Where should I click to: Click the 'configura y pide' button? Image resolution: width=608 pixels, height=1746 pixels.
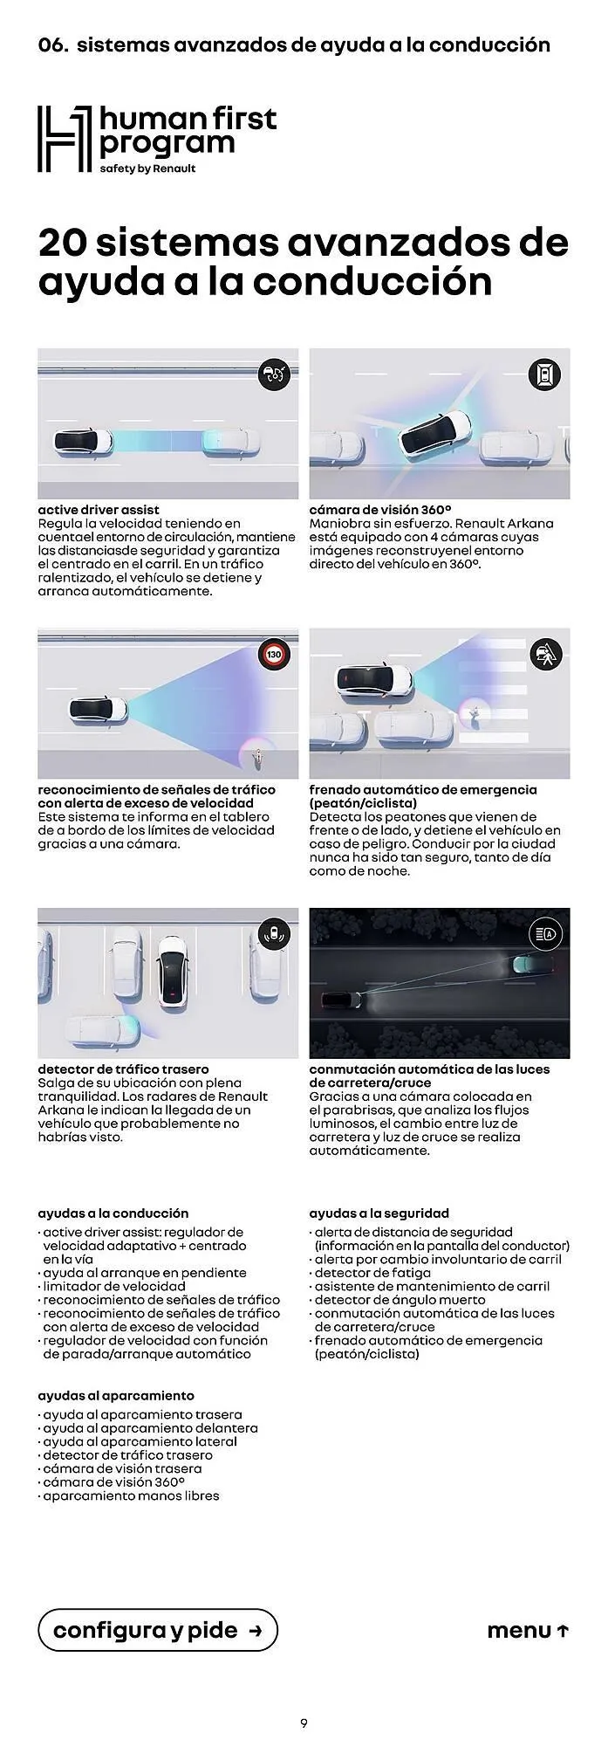(158, 1630)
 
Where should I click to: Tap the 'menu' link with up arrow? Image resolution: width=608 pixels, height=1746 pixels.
(528, 1630)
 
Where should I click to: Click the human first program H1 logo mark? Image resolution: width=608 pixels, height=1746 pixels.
(65, 139)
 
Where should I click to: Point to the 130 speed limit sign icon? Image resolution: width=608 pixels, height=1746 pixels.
(274, 654)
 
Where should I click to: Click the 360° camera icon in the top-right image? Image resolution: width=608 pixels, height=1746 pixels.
(545, 375)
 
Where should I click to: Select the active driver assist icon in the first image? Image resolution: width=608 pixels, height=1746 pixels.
(274, 375)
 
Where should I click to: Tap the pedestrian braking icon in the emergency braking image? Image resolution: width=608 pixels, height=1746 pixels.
(546, 654)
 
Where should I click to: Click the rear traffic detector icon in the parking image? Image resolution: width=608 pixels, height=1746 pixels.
(274, 934)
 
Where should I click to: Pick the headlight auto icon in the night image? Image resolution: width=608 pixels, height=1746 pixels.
(546, 934)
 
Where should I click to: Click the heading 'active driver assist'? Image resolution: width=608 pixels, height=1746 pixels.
(99, 510)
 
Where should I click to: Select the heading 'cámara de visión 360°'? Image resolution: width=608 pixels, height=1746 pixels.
(379, 510)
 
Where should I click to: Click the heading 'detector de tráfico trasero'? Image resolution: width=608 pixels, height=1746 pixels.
(123, 1069)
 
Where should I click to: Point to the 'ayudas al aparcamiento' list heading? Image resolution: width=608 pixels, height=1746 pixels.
(116, 1395)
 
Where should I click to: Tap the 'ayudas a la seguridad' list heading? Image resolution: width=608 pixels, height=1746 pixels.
(379, 1213)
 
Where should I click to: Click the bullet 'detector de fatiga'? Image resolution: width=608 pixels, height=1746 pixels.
(372, 1273)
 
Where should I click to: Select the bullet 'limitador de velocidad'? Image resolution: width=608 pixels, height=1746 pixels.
(114, 1286)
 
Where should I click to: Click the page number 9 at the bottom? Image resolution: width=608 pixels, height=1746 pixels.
(304, 1722)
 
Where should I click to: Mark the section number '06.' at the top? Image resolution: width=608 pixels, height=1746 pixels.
(53, 45)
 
